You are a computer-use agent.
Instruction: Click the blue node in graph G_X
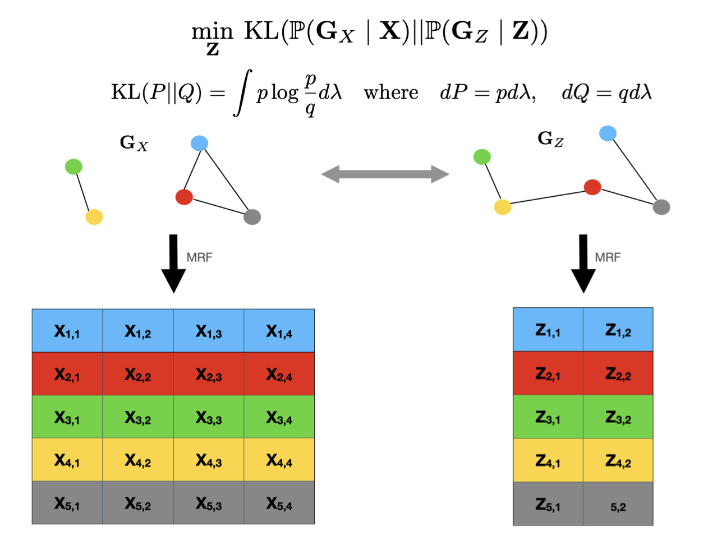(x=199, y=143)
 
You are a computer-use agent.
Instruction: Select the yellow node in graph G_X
(x=94, y=217)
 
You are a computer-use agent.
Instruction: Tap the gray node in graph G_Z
(x=661, y=207)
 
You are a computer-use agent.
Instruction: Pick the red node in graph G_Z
(x=592, y=187)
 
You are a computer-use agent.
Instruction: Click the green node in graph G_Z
(x=482, y=156)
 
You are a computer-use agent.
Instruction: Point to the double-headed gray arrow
(x=385, y=174)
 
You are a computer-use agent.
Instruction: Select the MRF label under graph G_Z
(x=608, y=257)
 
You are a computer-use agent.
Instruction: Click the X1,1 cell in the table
(x=67, y=331)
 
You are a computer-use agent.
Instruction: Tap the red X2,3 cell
(x=209, y=374)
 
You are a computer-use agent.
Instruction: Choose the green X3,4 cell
(x=279, y=417)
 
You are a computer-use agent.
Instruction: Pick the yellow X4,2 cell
(x=138, y=460)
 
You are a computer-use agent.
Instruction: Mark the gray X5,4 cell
(x=279, y=503)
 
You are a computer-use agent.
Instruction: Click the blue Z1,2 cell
(x=618, y=330)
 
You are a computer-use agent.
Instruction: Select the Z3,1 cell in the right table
(x=548, y=417)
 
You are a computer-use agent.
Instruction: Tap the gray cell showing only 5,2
(x=618, y=505)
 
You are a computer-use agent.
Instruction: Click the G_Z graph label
(x=550, y=138)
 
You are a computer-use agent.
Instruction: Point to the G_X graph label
(x=134, y=143)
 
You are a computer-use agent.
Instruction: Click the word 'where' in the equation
(x=391, y=93)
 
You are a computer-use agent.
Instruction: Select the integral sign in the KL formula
(x=242, y=93)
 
